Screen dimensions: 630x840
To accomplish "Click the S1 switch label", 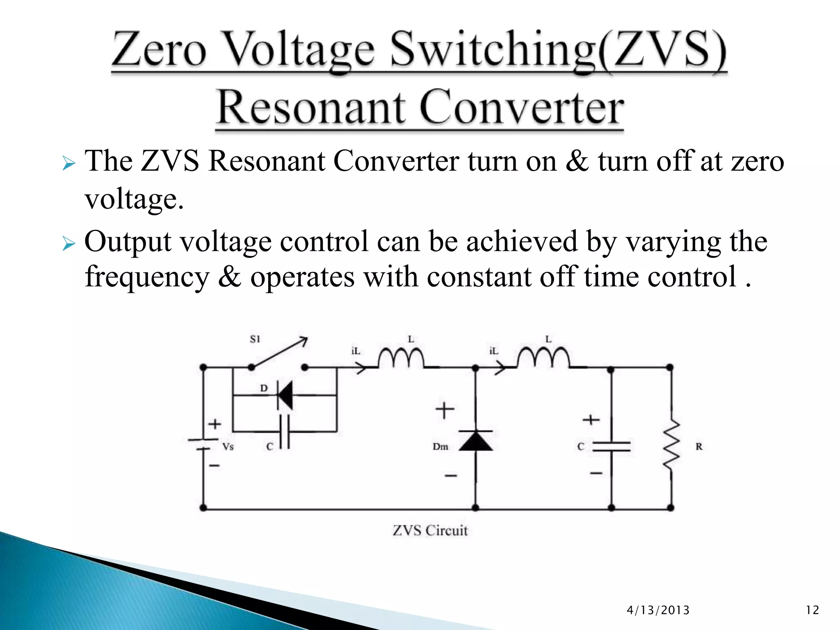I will pos(255,339).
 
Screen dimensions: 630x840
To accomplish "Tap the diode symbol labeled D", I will pos(285,395).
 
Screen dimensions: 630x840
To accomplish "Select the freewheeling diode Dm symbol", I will pos(476,441).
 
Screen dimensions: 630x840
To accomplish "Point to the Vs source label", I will pos(228,447).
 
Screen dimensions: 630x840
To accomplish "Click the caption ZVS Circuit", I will pos(430,530).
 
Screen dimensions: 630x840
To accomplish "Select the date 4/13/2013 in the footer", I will pos(658,610).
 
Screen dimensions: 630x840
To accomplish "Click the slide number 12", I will pos(812,610).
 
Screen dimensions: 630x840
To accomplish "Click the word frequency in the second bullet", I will pos(147,277).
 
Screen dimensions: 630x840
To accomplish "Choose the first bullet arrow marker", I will pos(68,164).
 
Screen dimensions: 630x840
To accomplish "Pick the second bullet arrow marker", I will pos(68,244).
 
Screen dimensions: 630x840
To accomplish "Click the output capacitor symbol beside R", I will pos(611,447).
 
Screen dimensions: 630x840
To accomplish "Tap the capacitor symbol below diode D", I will pos(285,432).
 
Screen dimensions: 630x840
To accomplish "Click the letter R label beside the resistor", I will pos(699,447).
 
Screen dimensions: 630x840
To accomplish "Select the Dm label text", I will pos(441,447).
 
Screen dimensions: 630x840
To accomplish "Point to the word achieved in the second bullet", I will pos(522,242).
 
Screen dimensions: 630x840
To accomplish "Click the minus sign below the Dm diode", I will pos(451,476).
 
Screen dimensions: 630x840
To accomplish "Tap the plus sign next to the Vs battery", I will pos(215,424).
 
